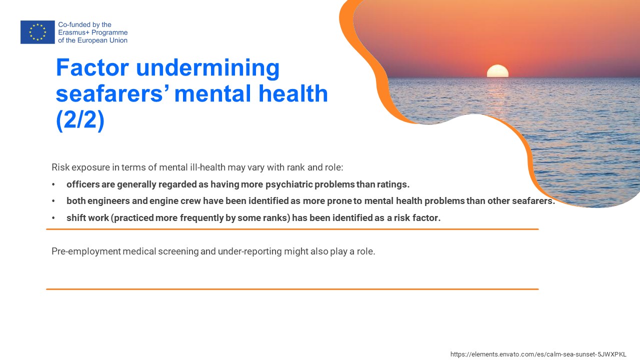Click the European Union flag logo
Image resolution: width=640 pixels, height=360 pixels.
click(x=37, y=32)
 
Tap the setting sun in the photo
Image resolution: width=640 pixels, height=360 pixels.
click(x=497, y=71)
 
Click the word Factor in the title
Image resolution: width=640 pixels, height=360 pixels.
click(x=92, y=67)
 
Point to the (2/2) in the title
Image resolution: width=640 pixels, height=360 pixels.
click(x=80, y=120)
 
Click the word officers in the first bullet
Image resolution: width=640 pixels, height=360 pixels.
click(x=83, y=184)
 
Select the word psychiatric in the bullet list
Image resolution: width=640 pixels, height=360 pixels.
click(x=289, y=185)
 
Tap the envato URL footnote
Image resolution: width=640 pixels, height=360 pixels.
click(x=538, y=354)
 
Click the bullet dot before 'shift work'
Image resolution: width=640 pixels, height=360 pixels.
click(x=53, y=218)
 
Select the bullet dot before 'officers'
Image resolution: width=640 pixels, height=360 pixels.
click(x=53, y=184)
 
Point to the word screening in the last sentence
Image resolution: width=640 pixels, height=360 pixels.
click(x=178, y=251)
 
